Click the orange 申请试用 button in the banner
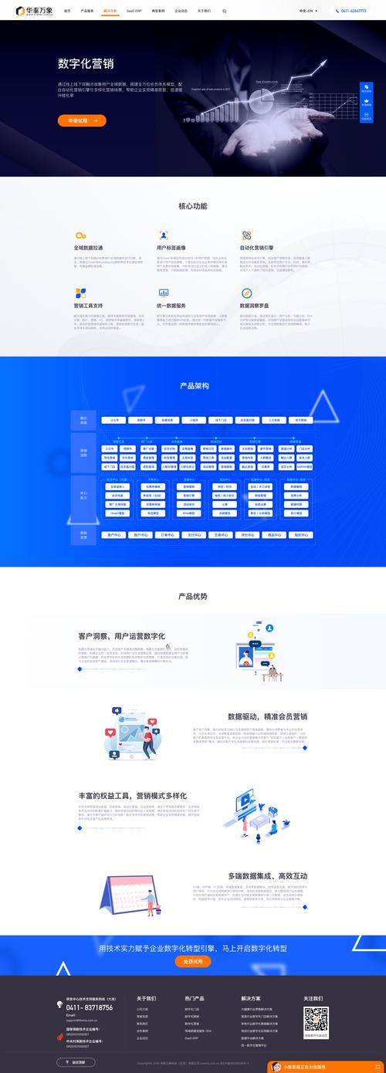82,120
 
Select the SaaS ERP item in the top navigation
134,12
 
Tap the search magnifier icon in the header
225,12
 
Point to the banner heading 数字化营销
90,64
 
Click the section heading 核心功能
193,206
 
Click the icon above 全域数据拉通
80,235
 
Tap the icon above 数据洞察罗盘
246,293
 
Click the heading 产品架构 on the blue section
193,385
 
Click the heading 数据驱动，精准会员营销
267,716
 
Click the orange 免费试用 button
193,961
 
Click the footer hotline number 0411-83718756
89,1007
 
